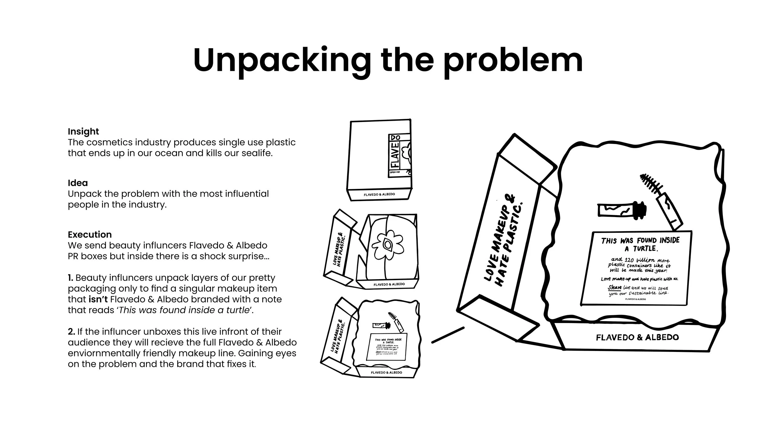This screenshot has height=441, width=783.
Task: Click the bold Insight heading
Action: [x=83, y=131]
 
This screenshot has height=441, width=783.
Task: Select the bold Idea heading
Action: [x=78, y=183]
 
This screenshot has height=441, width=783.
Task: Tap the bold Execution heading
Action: [x=90, y=235]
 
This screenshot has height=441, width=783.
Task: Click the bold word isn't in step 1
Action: [x=98, y=299]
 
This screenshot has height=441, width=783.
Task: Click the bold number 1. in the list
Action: [x=70, y=278]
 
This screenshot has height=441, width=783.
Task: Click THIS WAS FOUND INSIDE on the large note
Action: [x=640, y=241]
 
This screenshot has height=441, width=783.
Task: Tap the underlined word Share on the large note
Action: [x=614, y=287]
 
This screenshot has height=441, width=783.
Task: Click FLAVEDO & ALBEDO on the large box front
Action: [x=637, y=337]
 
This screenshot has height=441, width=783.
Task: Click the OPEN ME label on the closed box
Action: [x=395, y=172]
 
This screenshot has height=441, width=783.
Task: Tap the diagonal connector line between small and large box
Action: [x=448, y=335]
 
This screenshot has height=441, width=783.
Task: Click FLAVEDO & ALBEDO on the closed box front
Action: [x=379, y=194]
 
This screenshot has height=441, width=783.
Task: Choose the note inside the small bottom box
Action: [x=386, y=346]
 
